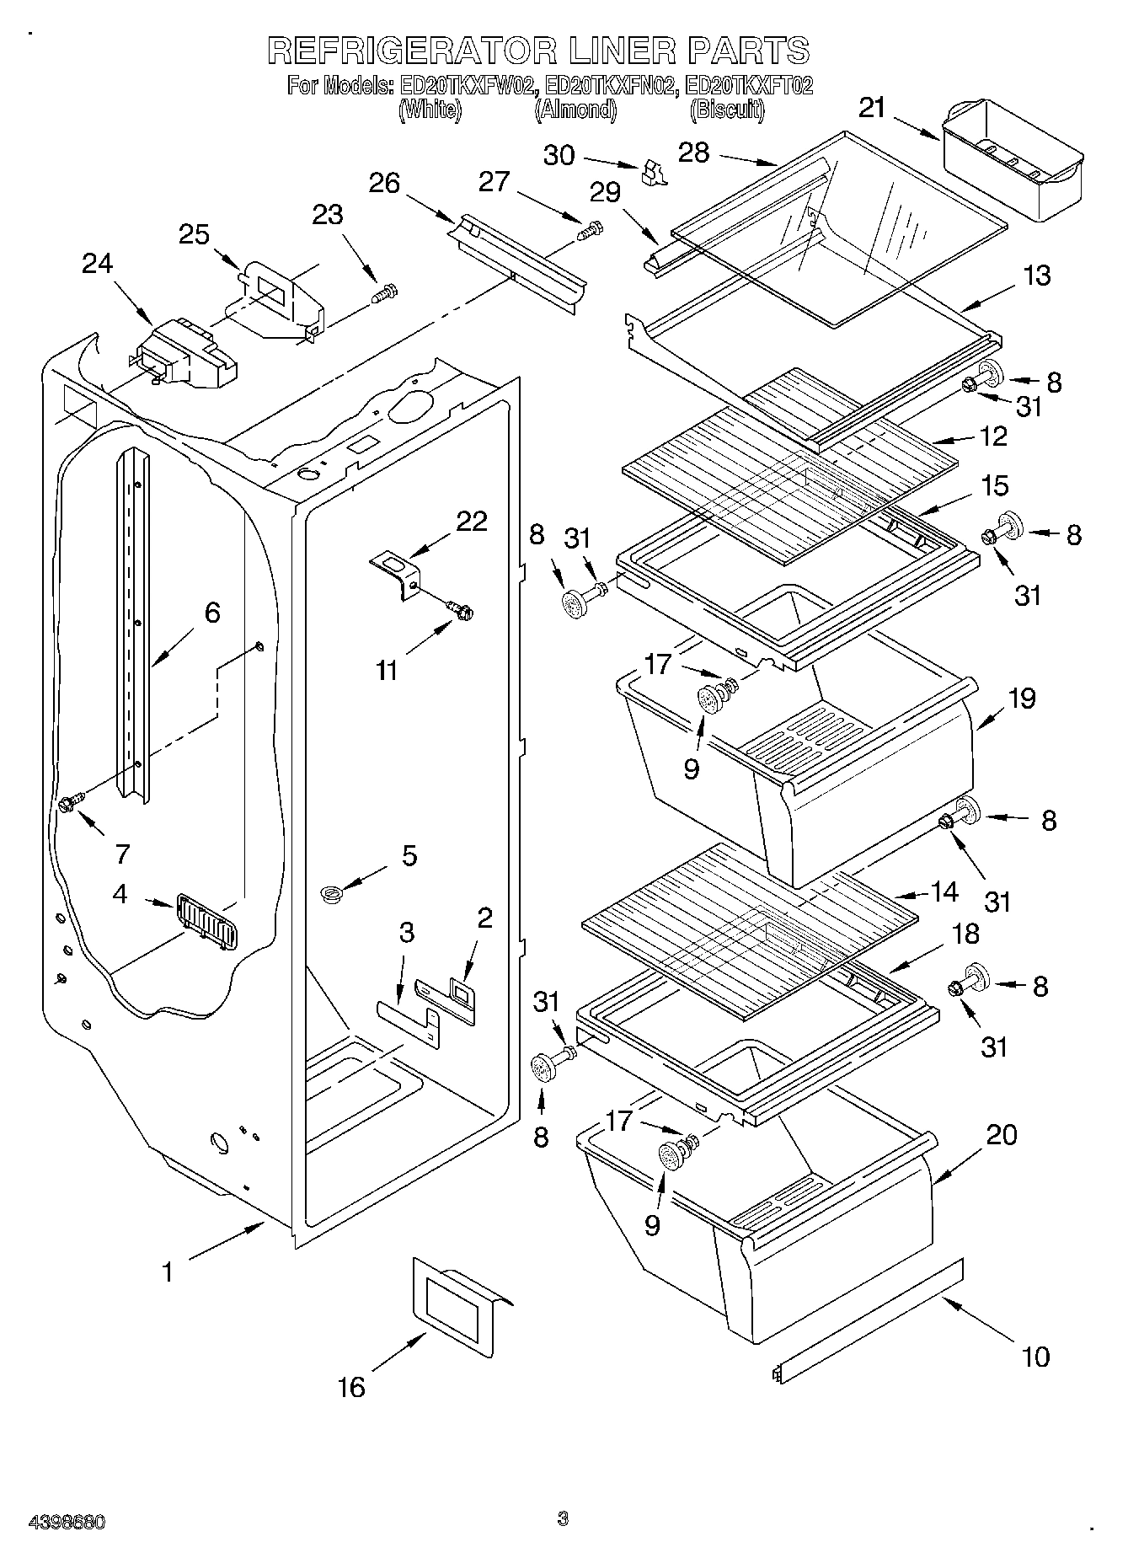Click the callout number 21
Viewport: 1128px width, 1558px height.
pyautogui.click(x=873, y=108)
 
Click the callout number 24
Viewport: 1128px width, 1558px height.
pyautogui.click(x=98, y=265)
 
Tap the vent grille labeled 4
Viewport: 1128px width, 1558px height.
pyautogui.click(x=206, y=919)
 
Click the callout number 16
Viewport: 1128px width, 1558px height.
pyautogui.click(x=351, y=1387)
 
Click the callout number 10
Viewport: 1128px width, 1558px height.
pyautogui.click(x=1035, y=1357)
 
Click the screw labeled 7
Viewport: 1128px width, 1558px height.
pyautogui.click(x=70, y=803)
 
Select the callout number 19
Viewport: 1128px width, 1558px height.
pyautogui.click(x=1022, y=699)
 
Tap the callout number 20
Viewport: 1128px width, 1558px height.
pyautogui.click(x=1001, y=1135)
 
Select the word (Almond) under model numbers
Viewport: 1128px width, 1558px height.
pyautogui.click(x=575, y=110)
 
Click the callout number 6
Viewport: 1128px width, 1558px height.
pyautogui.click(x=211, y=613)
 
